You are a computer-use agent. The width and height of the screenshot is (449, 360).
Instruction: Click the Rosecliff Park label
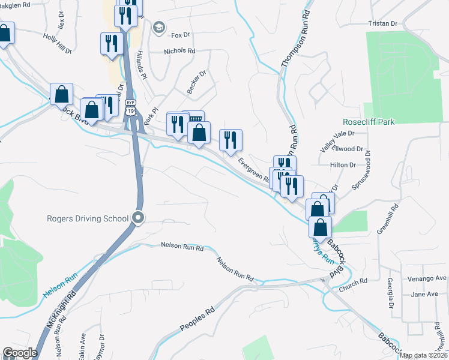[369, 122]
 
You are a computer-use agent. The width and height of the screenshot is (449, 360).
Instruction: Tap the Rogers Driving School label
[88, 218]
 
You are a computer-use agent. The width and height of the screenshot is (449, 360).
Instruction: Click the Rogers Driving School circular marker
[139, 218]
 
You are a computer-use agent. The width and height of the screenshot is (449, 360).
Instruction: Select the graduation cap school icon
[158, 27]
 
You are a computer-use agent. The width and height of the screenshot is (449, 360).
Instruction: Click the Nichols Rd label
[180, 52]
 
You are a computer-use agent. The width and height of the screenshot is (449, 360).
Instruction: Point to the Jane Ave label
[424, 294]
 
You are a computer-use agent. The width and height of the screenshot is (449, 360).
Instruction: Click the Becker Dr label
[196, 82]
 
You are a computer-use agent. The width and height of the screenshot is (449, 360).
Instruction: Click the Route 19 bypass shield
[130, 106]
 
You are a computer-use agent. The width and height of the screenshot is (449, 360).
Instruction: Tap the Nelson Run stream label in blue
[60, 286]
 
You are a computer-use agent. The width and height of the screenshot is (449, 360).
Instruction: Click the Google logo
[20, 353]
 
